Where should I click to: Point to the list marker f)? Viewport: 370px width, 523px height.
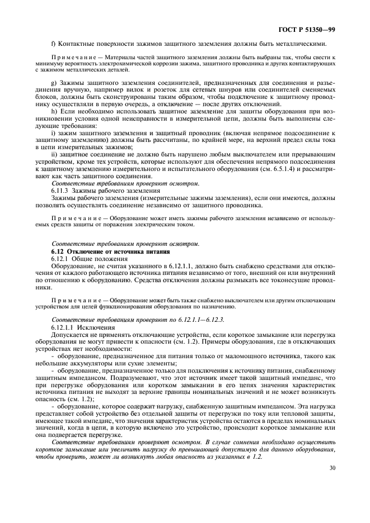[x=53, y=44]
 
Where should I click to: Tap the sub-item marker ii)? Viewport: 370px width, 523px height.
[x=54, y=154]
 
